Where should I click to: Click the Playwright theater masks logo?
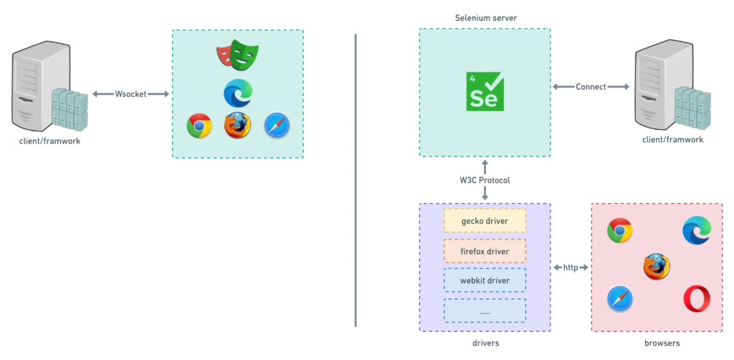[x=237, y=55]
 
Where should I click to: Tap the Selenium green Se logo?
[x=485, y=91]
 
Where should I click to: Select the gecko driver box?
[x=485, y=220]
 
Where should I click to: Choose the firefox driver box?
[x=485, y=252]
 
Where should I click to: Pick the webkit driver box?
[x=485, y=280]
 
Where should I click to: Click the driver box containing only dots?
[x=485, y=311]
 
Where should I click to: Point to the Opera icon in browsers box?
[x=697, y=299]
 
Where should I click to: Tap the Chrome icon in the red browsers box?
[x=620, y=230]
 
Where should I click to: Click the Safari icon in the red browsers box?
[x=620, y=299]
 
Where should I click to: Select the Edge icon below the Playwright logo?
[x=238, y=92]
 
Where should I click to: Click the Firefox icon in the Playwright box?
[x=238, y=125]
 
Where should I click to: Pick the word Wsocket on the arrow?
[x=130, y=94]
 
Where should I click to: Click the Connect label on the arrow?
[x=591, y=87]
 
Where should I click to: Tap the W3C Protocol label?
[x=485, y=180]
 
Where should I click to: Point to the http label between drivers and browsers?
[x=571, y=267]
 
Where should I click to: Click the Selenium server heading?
[x=486, y=18]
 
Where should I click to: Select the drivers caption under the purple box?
[x=485, y=343]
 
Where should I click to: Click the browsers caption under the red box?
[x=662, y=343]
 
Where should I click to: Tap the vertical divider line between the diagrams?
[x=356, y=180]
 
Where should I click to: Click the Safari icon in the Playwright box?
[x=277, y=125]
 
